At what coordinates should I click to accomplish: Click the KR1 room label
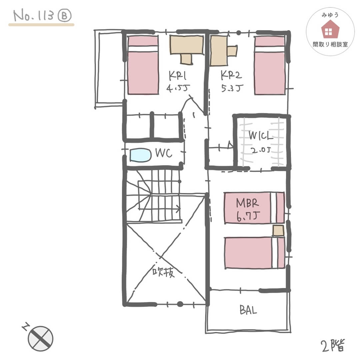coord(177,76)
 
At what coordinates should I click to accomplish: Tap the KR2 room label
coord(231,75)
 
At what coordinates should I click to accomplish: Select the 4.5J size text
coord(178,88)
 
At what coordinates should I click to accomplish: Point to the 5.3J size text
coord(232,88)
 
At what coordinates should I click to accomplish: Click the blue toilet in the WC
coord(141,155)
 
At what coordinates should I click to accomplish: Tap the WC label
coord(164,153)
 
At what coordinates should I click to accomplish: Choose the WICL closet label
coord(261,135)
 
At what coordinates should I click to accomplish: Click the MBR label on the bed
coord(247,203)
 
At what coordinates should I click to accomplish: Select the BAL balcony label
coord(248,310)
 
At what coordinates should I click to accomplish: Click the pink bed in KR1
coord(143,65)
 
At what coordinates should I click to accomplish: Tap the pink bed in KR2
coord(270,65)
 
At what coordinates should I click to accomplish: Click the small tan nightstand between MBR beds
coord(278,231)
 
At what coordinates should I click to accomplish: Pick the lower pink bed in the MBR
coord(254,253)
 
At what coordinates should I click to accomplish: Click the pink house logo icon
coord(330,29)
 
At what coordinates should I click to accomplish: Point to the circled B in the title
coord(65,16)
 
